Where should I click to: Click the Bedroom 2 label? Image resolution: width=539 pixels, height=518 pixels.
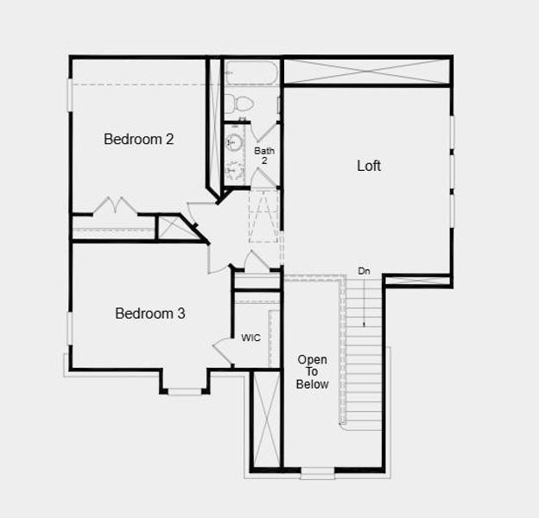click(x=139, y=138)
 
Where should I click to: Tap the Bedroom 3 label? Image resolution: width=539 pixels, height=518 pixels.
click(x=150, y=313)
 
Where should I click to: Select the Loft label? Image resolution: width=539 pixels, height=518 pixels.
click(x=369, y=166)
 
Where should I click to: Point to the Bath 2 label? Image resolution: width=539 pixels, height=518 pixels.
click(x=264, y=155)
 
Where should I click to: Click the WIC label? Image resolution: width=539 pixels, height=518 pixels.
click(x=250, y=338)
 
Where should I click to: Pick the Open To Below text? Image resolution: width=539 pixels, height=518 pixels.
click(x=312, y=371)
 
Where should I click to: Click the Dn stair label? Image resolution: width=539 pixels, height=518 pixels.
click(x=365, y=271)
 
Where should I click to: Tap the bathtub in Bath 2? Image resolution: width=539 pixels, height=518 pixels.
click(x=250, y=73)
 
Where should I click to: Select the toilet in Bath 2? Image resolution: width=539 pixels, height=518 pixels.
click(x=238, y=104)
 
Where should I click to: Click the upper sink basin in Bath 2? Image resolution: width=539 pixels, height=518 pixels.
click(x=233, y=142)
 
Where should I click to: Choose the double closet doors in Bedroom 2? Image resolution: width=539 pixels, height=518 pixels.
click(x=116, y=206)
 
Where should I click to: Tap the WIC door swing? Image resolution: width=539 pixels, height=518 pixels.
click(x=222, y=350)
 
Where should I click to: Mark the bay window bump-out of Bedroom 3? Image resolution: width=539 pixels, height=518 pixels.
click(x=184, y=382)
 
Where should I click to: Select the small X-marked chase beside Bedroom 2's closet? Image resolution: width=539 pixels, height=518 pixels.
click(x=168, y=227)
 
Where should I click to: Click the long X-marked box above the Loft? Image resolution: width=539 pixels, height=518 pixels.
click(x=366, y=70)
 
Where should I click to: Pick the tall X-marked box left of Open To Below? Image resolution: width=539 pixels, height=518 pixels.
click(x=265, y=420)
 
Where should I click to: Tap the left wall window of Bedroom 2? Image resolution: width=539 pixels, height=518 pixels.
click(x=70, y=95)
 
